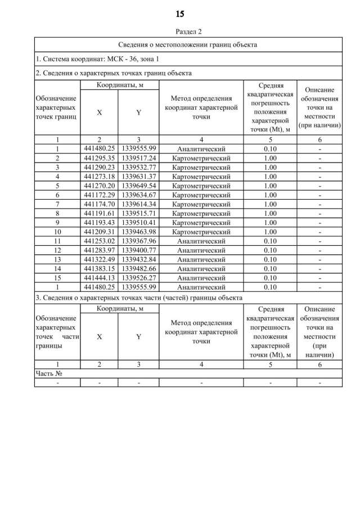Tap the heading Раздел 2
180,31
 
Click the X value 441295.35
99,158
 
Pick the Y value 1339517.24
138,158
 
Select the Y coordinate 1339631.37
138,177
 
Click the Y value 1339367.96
138,241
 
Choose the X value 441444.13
99,278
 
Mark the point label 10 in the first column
57,232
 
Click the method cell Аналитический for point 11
201,241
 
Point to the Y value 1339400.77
138,250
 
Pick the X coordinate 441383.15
99,268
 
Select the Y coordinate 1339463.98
138,232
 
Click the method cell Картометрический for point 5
201,186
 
